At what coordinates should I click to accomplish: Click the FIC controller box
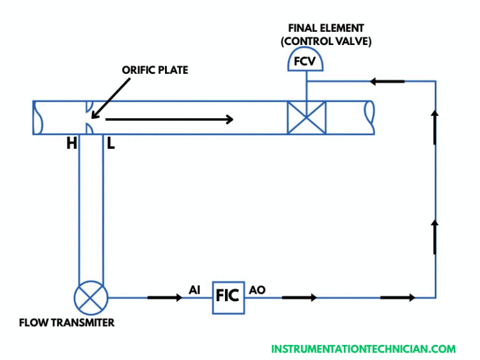click(x=227, y=294)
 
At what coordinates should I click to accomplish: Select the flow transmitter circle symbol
click(x=91, y=297)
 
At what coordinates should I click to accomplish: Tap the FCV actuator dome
click(x=306, y=61)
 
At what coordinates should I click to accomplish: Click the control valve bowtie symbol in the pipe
click(x=306, y=117)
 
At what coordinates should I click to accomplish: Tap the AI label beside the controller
click(x=195, y=290)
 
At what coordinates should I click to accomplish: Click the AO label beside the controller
click(x=257, y=290)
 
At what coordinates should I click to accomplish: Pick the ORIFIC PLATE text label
click(x=154, y=70)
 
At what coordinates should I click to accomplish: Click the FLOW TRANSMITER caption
click(x=67, y=323)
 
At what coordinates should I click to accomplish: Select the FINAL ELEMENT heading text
click(x=326, y=28)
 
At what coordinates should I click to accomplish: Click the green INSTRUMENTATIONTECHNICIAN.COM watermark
click(x=363, y=349)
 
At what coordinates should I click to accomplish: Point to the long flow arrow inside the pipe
click(x=169, y=119)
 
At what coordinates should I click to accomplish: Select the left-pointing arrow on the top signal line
click(x=387, y=81)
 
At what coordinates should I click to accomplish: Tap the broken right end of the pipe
click(x=369, y=117)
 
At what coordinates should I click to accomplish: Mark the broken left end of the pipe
click(x=38, y=117)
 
